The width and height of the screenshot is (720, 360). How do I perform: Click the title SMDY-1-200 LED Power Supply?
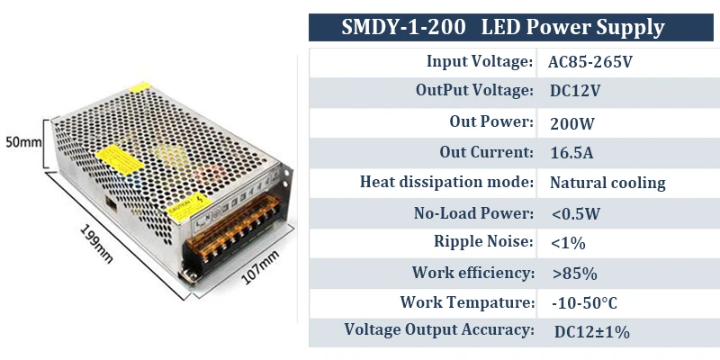point(503,27)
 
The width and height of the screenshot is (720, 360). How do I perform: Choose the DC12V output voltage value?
point(575,92)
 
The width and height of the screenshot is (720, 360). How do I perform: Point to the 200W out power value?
point(572,122)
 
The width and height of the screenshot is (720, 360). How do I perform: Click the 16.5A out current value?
point(571,152)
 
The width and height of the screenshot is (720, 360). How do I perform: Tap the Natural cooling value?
point(607,183)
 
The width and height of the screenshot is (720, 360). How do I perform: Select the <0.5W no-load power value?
point(576,213)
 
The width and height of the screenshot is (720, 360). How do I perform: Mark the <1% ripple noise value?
point(568,242)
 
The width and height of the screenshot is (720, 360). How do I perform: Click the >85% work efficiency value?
point(573,273)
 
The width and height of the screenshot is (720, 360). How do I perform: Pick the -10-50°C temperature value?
point(584,302)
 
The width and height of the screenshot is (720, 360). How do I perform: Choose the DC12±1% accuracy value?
point(591,331)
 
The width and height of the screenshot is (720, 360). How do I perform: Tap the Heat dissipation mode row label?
point(446,182)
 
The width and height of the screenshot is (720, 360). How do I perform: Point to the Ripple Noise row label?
point(483,241)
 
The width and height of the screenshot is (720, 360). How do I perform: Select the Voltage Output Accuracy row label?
point(439,329)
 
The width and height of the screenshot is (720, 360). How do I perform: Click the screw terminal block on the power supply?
point(237,235)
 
